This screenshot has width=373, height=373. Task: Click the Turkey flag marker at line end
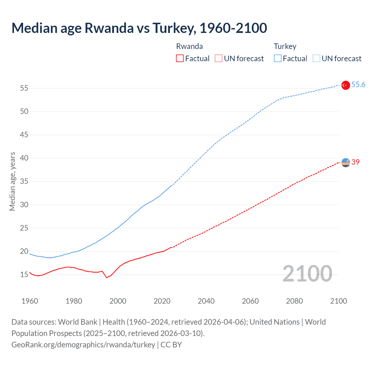tap(346, 85)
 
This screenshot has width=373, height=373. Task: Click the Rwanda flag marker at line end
tap(346, 163)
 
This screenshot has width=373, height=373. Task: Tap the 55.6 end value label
tap(358, 85)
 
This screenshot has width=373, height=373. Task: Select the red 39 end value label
tap(356, 162)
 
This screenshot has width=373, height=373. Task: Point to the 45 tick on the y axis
tap(24, 135)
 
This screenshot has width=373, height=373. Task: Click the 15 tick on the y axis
tap(24, 275)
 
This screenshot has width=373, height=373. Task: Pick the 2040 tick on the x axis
tap(206, 301)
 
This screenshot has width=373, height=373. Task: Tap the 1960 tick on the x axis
tap(30, 301)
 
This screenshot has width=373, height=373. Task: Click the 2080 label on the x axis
tap(294, 301)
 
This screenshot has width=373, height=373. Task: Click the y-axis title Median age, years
tap(12, 181)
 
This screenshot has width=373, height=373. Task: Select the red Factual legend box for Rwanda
tap(180, 58)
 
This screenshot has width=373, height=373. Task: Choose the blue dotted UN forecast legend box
tap(316, 58)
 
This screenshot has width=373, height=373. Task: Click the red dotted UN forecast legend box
tap(219, 58)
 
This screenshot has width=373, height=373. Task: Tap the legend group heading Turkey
tap(285, 46)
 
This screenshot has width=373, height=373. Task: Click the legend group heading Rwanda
tap(189, 46)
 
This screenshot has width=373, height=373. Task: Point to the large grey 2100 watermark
tap(307, 274)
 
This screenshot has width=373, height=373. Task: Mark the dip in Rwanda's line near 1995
tap(107, 277)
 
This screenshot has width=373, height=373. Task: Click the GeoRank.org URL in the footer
tap(83, 345)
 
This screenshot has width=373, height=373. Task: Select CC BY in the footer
tap(171, 345)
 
